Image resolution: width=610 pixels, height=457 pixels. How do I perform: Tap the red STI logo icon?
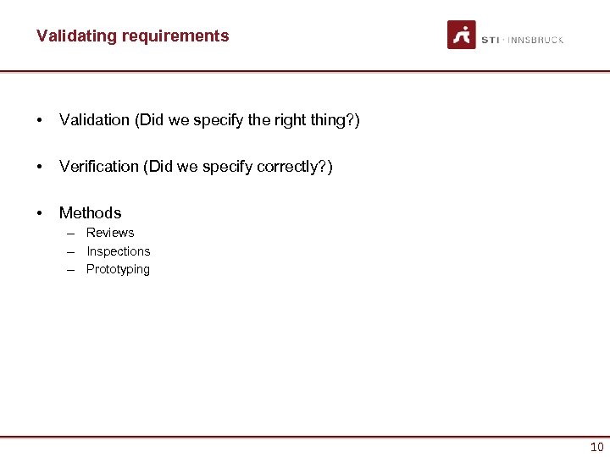462,35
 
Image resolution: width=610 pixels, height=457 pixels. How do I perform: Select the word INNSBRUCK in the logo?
535,40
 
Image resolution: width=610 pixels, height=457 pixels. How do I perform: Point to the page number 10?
596,448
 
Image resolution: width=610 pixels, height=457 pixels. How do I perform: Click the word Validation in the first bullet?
94,120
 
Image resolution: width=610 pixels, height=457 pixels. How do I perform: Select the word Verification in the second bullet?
99,167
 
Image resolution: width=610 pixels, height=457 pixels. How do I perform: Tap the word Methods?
90,213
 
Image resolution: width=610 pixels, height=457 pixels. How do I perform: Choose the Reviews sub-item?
110,233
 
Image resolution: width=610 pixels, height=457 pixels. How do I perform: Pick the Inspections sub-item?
118,251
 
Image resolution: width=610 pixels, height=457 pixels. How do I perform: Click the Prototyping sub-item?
118,269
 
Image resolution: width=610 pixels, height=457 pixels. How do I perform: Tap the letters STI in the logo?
490,40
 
